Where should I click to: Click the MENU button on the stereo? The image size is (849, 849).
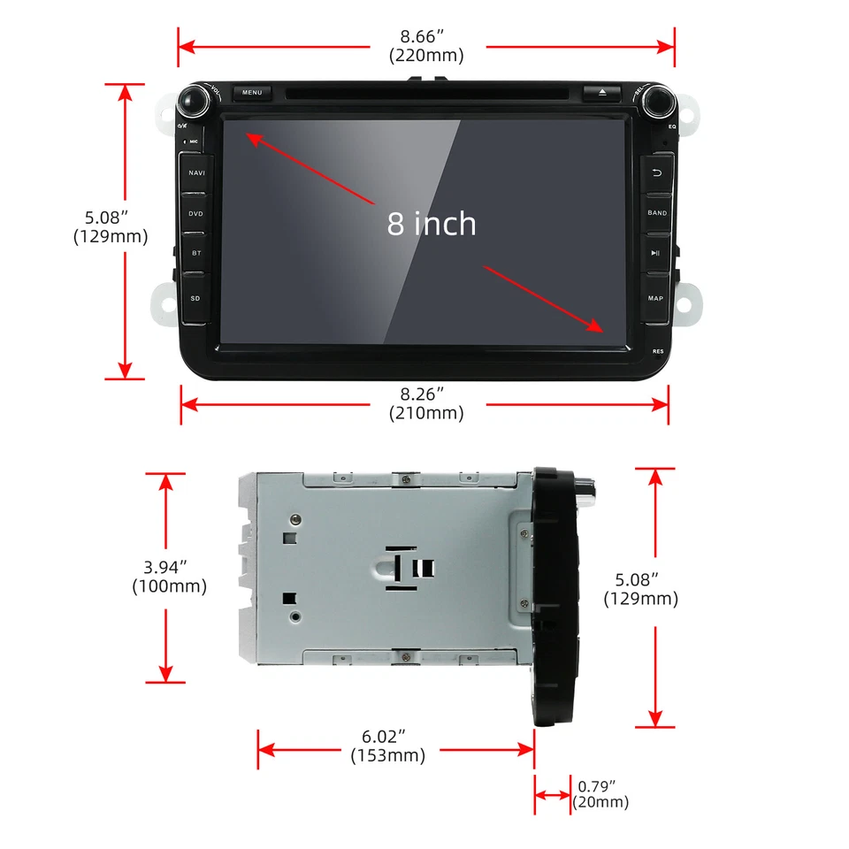252,92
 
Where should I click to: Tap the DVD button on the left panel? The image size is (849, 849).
195,213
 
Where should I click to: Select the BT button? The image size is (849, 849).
195,253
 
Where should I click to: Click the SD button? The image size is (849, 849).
195,298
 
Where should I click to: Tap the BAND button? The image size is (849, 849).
657,213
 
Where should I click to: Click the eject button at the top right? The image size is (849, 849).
602,92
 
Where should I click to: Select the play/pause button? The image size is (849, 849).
656,253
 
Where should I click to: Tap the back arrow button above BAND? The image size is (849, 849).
657,173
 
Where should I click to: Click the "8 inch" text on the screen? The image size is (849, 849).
432,223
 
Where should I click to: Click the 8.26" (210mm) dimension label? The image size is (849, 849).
426,404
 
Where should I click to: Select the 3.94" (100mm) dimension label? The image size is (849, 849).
169,577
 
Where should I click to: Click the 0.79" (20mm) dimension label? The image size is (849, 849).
600,794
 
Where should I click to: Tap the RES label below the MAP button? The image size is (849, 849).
658,351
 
